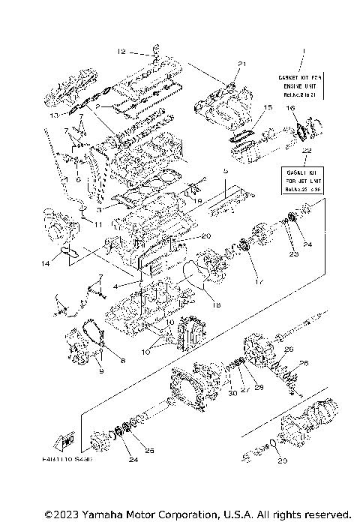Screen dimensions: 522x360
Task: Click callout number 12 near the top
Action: [121, 52]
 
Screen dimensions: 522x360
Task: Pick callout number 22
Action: [305, 151]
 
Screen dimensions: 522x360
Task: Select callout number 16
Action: [289, 108]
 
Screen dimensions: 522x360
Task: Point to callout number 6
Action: [78, 179]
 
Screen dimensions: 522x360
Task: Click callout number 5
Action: [223, 170]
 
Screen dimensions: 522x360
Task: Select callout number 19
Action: [198, 201]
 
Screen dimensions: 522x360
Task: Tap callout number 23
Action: [294, 254]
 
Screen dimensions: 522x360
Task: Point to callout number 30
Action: [232, 392]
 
